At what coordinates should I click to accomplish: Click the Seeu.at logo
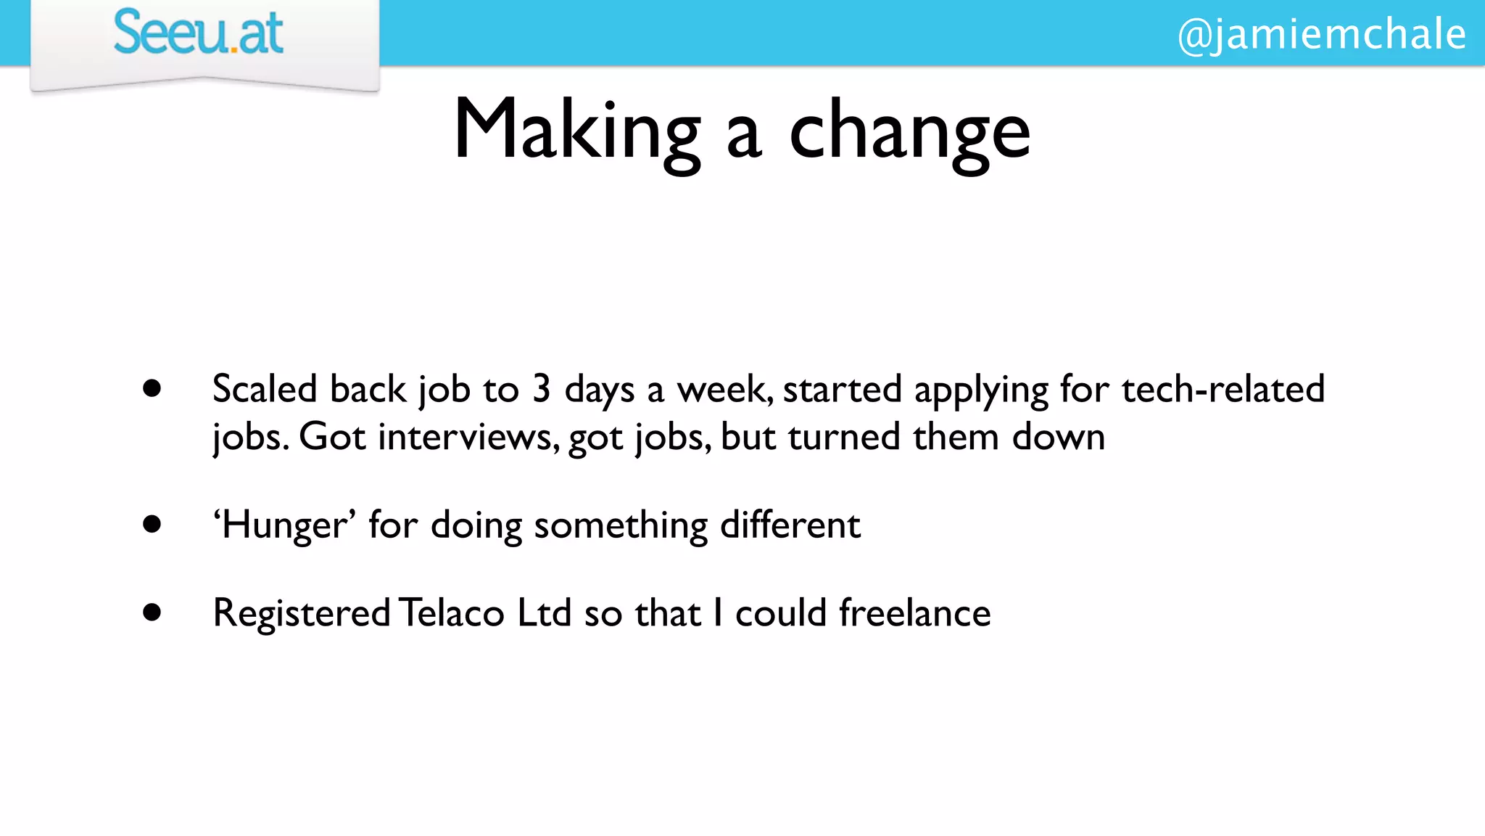(x=198, y=33)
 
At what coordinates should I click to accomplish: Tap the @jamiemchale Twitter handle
(x=1321, y=34)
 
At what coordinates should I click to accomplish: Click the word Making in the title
(x=577, y=131)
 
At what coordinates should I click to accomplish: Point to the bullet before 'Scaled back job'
(x=152, y=389)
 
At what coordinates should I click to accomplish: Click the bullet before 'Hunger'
(x=152, y=524)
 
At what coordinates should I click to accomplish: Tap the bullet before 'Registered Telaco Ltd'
(x=152, y=612)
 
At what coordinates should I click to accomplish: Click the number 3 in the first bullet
(x=541, y=389)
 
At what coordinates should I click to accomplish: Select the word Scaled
(x=265, y=389)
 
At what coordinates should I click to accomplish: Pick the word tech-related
(x=1223, y=389)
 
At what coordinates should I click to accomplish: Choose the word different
(x=790, y=524)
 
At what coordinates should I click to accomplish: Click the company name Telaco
(x=451, y=612)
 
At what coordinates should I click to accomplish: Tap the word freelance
(x=914, y=612)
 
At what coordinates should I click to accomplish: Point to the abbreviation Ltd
(x=545, y=612)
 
